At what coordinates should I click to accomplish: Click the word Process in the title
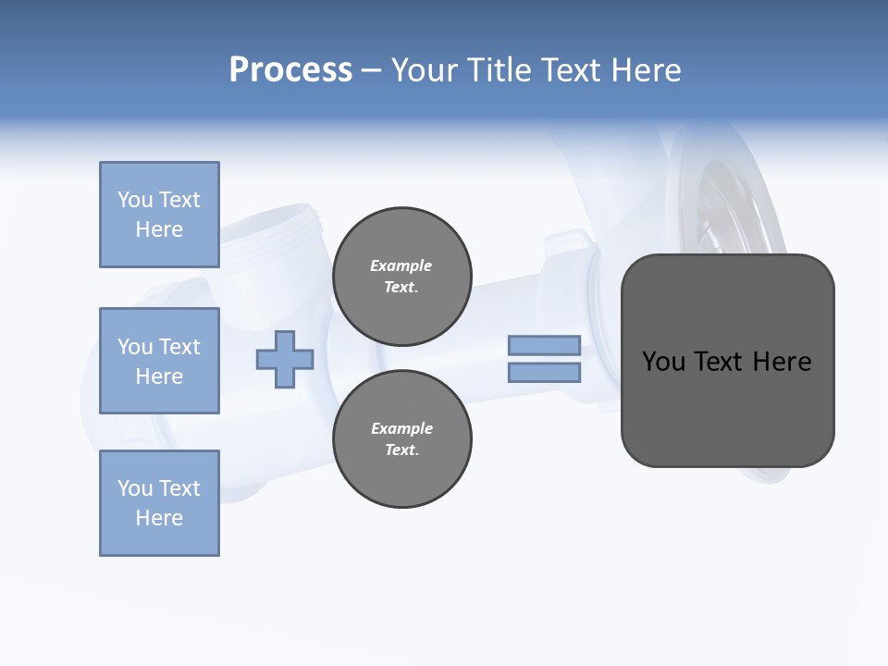[290, 70]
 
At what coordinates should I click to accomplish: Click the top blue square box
[159, 215]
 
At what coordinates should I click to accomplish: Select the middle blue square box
[159, 361]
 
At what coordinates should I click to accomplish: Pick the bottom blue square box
[159, 503]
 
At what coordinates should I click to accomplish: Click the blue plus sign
[285, 359]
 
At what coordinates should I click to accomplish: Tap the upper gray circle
[402, 277]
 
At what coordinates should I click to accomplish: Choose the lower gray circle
[402, 439]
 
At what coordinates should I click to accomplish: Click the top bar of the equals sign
[545, 346]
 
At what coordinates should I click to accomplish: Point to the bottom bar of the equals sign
[545, 373]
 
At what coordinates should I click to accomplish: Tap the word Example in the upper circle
[401, 265]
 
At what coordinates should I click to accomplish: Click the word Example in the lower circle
[401, 428]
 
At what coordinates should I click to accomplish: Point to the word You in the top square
[134, 200]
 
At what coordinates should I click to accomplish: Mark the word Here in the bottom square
[159, 518]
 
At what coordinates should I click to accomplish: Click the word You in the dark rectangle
[663, 362]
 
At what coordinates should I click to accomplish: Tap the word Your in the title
[424, 70]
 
